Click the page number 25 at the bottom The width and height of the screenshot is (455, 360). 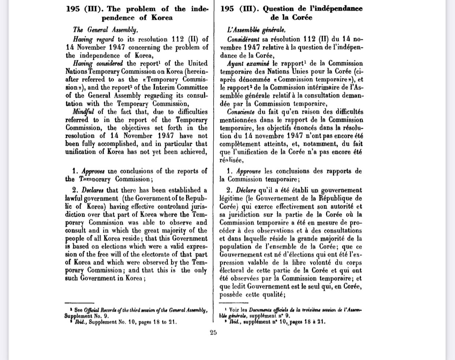point(213,333)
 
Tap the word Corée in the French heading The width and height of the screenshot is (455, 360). point(302,18)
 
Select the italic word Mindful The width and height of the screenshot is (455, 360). point(84,112)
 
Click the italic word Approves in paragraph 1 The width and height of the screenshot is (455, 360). point(93,171)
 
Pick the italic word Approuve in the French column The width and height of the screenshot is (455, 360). point(249,171)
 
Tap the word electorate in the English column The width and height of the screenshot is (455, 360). point(147,254)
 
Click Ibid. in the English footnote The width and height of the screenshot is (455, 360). point(80,322)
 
